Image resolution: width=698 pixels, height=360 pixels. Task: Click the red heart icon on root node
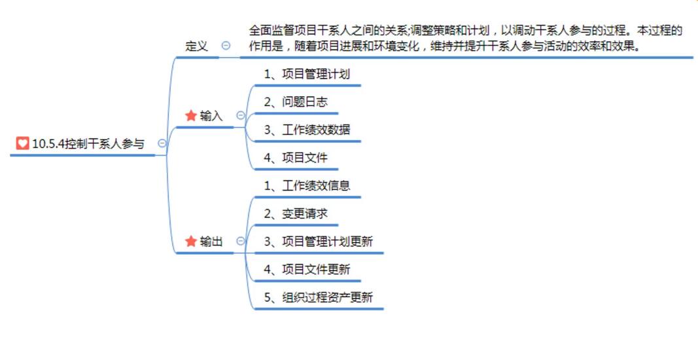(x=23, y=143)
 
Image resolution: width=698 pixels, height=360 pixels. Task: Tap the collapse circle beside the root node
(x=162, y=143)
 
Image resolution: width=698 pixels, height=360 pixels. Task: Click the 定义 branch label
(x=196, y=46)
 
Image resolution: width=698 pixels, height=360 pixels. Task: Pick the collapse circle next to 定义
(x=226, y=46)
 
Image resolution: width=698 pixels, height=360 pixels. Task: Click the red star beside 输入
(x=191, y=116)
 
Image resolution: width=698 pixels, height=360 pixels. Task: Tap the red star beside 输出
(x=191, y=242)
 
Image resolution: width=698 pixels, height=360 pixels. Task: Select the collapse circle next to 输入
(x=240, y=116)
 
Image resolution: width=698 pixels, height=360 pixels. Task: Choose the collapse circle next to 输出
(x=240, y=241)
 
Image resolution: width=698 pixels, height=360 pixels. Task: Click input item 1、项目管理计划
(x=307, y=74)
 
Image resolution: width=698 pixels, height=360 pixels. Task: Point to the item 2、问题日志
(x=296, y=102)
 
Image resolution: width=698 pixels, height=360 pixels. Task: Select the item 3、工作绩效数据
(x=307, y=130)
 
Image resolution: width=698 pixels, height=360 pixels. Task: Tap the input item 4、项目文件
(x=296, y=158)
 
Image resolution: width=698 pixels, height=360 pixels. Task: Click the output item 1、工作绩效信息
(x=307, y=186)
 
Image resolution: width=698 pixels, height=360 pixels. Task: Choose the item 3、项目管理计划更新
(x=318, y=242)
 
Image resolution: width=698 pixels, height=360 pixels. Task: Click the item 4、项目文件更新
(x=307, y=270)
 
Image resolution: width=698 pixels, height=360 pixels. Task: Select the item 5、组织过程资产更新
(x=318, y=298)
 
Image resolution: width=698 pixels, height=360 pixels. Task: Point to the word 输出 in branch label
(x=211, y=242)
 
